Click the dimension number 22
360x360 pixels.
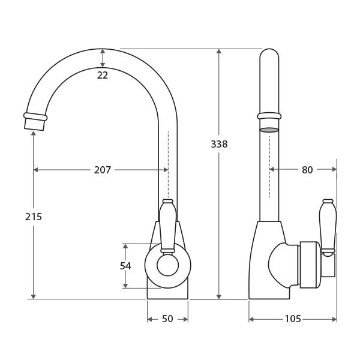click(x=103, y=75)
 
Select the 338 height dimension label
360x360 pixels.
click(x=219, y=144)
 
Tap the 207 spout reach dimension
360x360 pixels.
click(x=103, y=170)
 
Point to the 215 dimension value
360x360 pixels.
click(x=34, y=217)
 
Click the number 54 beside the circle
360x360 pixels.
click(x=125, y=266)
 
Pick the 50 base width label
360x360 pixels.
click(x=167, y=319)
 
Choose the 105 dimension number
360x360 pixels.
click(x=293, y=319)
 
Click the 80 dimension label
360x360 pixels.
click(x=307, y=170)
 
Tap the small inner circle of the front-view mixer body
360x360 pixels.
click(x=167, y=265)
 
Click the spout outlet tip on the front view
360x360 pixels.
click(x=34, y=125)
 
